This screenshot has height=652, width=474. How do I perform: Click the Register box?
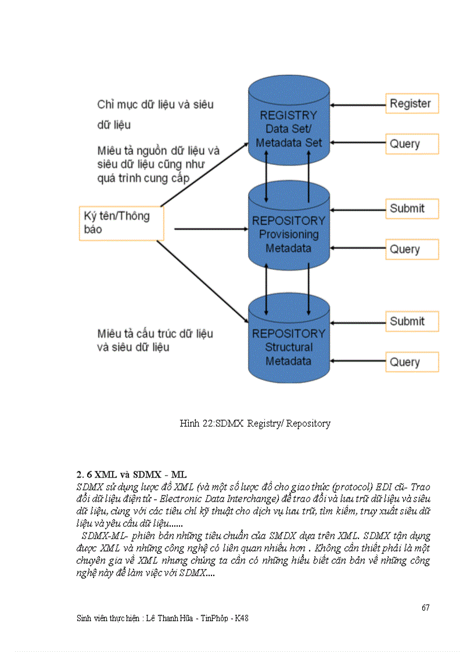pos(411,104)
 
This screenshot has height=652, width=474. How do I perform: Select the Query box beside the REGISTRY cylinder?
pos(411,144)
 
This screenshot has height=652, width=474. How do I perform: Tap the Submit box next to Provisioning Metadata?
pos(411,208)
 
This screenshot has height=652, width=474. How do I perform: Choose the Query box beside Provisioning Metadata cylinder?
pos(411,249)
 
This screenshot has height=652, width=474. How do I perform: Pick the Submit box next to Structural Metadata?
pos(411,321)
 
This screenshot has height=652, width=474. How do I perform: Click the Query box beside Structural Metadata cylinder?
pos(411,362)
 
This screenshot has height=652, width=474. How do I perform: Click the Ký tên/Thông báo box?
pos(121,222)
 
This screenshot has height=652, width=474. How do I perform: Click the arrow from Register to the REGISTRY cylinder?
pos(358,105)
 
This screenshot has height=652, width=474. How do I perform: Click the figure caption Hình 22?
pos(255,423)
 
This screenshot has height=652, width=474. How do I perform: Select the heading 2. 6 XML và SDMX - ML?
pos(131,474)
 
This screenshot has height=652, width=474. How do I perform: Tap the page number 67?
pos(425,607)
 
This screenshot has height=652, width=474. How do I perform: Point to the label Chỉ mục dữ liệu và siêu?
pos(155,105)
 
